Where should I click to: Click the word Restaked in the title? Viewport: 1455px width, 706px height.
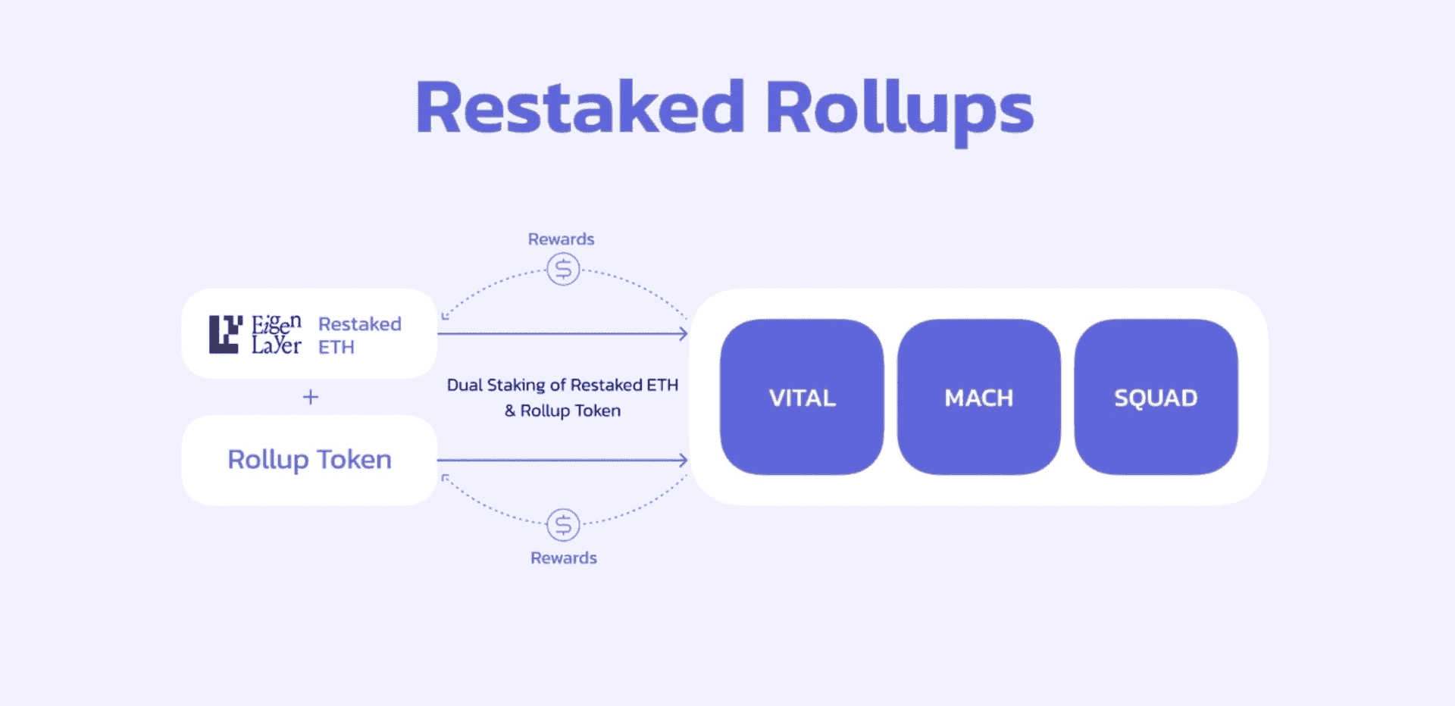[x=580, y=108]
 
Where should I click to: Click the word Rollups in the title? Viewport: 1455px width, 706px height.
[x=899, y=111]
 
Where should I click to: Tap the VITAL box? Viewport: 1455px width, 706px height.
[x=802, y=398]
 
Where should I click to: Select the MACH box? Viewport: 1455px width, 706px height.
[x=978, y=398]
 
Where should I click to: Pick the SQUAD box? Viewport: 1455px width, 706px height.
[x=1156, y=398]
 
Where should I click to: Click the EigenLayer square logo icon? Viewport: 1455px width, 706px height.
[x=225, y=334]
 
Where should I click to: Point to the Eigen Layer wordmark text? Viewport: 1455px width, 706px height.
[x=276, y=335]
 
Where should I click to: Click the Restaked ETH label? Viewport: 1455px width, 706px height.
[x=359, y=335]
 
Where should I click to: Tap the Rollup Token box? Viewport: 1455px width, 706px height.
[x=309, y=460]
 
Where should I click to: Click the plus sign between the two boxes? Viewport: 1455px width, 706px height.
[x=311, y=397]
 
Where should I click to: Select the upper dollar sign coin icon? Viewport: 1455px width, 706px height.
[x=563, y=269]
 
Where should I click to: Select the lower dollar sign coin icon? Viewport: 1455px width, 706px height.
[x=563, y=524]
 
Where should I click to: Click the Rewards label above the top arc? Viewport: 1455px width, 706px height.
[x=561, y=239]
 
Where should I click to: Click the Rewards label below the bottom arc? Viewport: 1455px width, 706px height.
[x=563, y=558]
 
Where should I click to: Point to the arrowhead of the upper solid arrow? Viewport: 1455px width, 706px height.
[x=684, y=333]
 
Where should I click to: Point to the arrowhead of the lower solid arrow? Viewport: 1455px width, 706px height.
[x=684, y=460]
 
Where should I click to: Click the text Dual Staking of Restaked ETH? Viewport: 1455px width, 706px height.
[x=562, y=385]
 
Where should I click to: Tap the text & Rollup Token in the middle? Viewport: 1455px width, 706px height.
[x=562, y=411]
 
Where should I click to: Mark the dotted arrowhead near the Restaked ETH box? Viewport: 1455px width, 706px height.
[x=445, y=316]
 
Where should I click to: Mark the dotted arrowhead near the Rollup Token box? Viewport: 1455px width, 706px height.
[x=445, y=477]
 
